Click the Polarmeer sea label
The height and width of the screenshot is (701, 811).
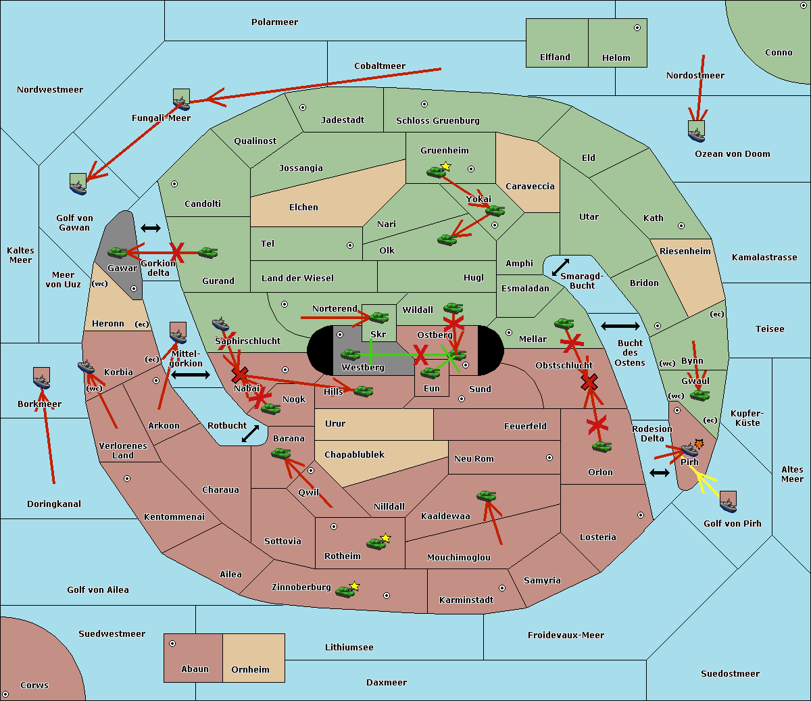pyautogui.click(x=274, y=22)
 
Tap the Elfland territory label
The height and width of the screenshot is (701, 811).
pyautogui.click(x=555, y=57)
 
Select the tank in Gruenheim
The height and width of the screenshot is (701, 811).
pyautogui.click(x=437, y=172)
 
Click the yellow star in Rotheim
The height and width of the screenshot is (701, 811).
pyautogui.click(x=385, y=538)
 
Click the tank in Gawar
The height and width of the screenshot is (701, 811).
pyautogui.click(x=118, y=253)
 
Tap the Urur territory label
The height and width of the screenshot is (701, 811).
pyautogui.click(x=335, y=424)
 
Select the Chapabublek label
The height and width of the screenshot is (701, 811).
pyautogui.click(x=354, y=455)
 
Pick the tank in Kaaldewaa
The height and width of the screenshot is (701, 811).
pyautogui.click(x=486, y=496)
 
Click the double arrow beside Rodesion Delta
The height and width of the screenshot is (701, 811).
pyautogui.click(x=660, y=473)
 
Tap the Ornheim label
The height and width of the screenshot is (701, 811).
pyautogui.click(x=250, y=670)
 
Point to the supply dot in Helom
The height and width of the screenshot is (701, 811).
pyautogui.click(x=637, y=28)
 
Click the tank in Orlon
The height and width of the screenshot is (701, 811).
pyautogui.click(x=601, y=447)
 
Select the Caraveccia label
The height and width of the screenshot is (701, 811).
pyautogui.click(x=530, y=187)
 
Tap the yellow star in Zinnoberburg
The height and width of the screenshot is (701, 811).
pyautogui.click(x=354, y=586)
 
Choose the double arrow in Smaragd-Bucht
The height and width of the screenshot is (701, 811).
pyautogui.click(x=560, y=268)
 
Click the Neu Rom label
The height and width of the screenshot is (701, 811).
pyautogui.click(x=474, y=459)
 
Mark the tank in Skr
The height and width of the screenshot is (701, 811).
pyautogui.click(x=378, y=317)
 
